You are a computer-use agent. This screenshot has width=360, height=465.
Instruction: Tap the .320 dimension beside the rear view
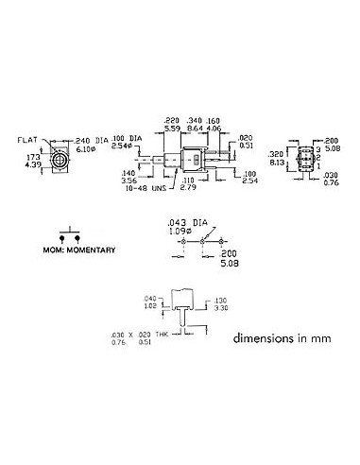click(x=275, y=153)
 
